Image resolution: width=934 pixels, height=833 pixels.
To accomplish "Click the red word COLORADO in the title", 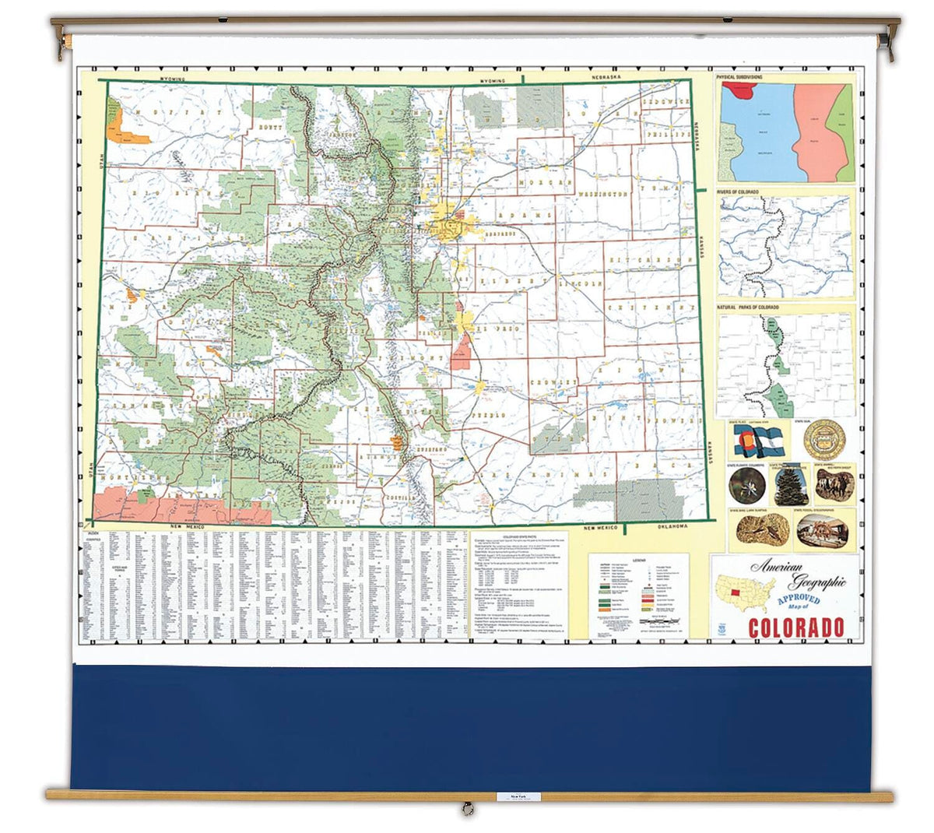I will (796, 627).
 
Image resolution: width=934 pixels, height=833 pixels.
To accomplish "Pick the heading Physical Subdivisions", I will (739, 78).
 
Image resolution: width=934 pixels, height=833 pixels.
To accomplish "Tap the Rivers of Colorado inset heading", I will (739, 192).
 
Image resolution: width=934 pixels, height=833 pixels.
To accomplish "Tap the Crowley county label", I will (554, 383).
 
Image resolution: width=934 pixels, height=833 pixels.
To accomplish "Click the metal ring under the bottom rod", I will (467, 810).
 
